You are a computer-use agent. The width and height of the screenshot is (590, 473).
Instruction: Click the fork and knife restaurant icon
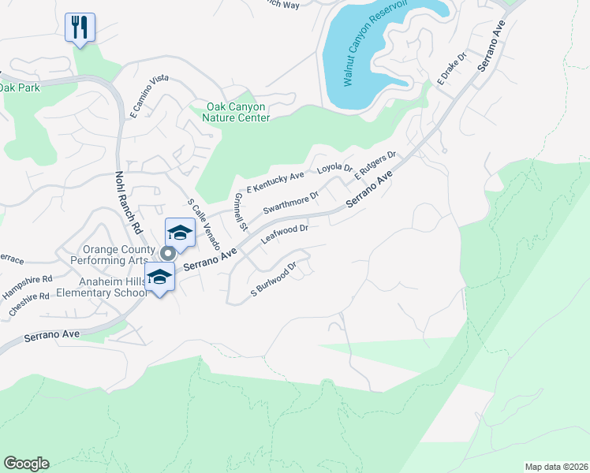pyautogui.click(x=80, y=27)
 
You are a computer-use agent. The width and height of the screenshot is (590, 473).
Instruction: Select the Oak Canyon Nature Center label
pyautogui.click(x=237, y=113)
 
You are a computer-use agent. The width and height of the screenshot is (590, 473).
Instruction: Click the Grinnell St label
pyautogui.click(x=241, y=211)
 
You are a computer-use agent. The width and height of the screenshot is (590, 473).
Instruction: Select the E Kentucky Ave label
pyautogui.click(x=275, y=183)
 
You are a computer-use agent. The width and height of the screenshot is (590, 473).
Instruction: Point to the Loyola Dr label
pyautogui.click(x=334, y=168)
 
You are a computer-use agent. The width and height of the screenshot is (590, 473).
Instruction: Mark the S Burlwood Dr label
pyautogui.click(x=272, y=280)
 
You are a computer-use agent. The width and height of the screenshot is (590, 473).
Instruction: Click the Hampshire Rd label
pyautogui.click(x=26, y=278)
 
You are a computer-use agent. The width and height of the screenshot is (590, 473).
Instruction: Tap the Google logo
pyautogui.click(x=26, y=464)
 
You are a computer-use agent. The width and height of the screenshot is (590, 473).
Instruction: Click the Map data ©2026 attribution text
pyautogui.click(x=556, y=467)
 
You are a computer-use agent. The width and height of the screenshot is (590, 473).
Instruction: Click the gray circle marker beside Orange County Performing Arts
pyautogui.click(x=167, y=253)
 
